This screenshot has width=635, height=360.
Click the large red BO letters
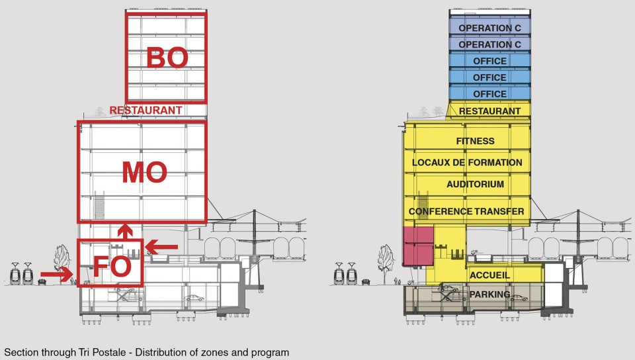pos(167,58)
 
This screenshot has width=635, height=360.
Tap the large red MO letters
pos(145,172)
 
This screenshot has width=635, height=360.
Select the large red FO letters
pos(112,266)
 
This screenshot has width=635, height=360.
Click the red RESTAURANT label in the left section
pos(146,110)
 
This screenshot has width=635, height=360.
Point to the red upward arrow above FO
pos(125,232)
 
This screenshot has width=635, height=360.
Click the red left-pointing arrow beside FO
pos(161,247)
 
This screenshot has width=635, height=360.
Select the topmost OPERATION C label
pos(489,28)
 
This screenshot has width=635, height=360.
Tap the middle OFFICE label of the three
pos(489,77)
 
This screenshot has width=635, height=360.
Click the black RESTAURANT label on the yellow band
pos(489,111)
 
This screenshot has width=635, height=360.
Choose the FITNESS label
pos(475,141)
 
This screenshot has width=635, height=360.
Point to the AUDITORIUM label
pos(475,184)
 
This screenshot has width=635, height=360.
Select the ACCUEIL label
pos(489,275)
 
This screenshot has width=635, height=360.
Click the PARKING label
pos(489,294)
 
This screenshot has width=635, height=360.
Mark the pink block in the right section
pos(418,246)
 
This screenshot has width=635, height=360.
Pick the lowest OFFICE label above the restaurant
pos(489,94)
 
